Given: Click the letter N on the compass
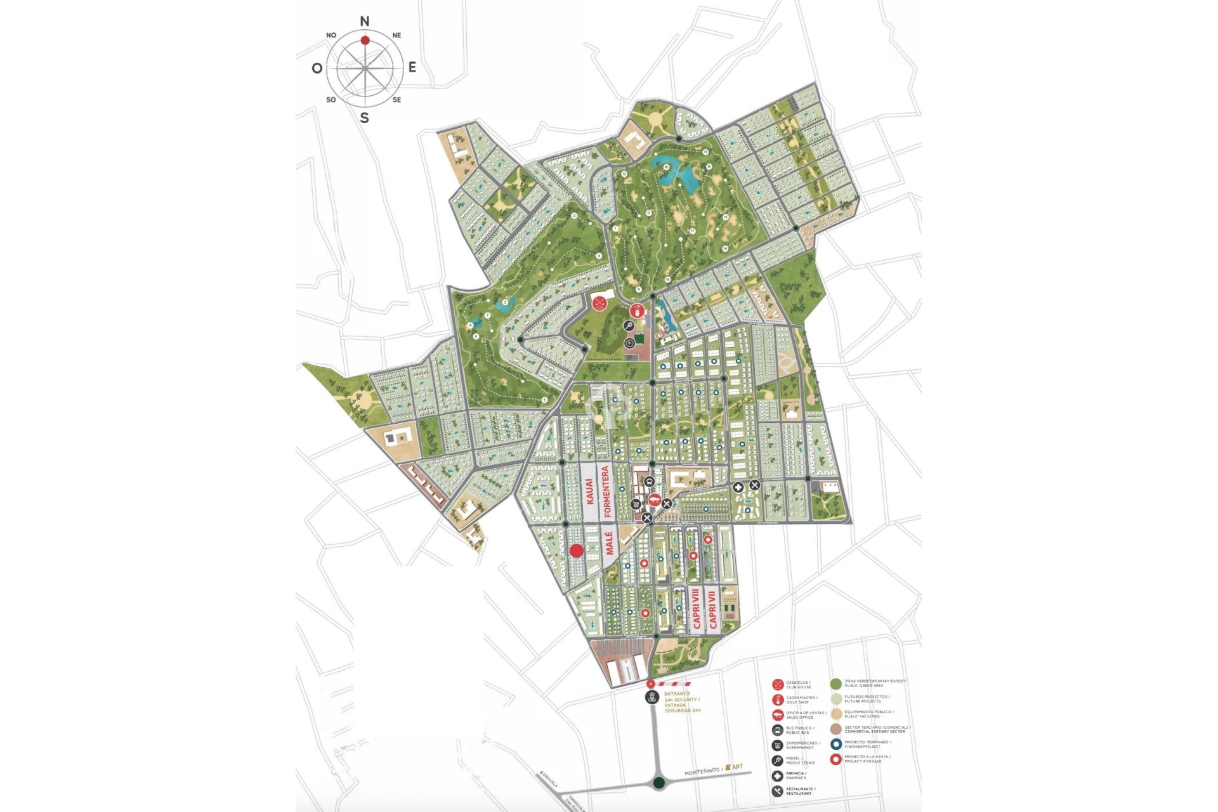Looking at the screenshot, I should tap(365, 22).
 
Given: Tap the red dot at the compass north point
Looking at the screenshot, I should tap(365, 40).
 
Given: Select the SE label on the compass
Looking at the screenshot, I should tap(396, 100).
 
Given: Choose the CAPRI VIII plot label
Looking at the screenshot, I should tap(697, 610).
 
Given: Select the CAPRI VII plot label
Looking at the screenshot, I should tap(713, 610).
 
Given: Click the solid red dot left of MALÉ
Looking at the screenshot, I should tap(576, 551).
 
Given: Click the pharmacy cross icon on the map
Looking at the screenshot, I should tap(738, 487).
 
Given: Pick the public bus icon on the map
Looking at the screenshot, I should tap(648, 482).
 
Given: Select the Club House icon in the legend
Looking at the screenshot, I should tap(777, 684).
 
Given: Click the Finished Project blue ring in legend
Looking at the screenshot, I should tap(835, 744).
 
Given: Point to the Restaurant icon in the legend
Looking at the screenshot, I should tap(777, 791).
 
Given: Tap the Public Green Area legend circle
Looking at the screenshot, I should tap(835, 683).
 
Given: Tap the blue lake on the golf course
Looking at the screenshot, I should tap(678, 172).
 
